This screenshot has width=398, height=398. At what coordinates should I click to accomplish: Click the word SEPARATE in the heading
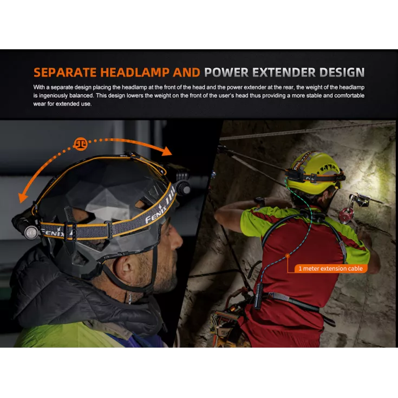[65, 73]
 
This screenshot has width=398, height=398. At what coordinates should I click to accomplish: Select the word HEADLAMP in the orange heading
[134, 73]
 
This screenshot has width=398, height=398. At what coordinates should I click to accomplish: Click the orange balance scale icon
[81, 144]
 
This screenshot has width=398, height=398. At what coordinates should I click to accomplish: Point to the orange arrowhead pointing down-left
[23, 197]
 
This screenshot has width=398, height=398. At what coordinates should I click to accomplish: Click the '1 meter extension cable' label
[331, 269]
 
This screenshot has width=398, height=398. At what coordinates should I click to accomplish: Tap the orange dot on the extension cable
[288, 256]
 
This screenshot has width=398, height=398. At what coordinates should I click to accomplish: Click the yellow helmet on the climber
[316, 172]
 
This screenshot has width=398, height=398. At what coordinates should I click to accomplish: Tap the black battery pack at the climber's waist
[258, 296]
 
